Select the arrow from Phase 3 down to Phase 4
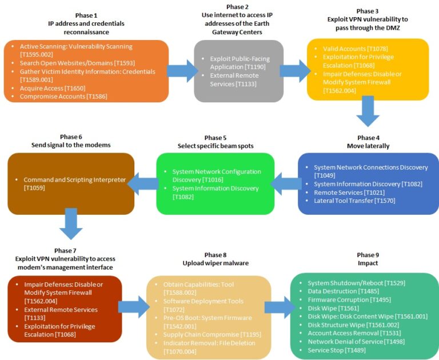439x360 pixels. (x=368, y=110)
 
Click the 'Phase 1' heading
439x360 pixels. (x=86, y=15)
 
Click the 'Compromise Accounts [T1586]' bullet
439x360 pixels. (x=63, y=97)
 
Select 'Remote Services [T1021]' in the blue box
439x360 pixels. (x=347, y=193)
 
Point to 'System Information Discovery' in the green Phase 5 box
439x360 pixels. (x=215, y=189)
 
